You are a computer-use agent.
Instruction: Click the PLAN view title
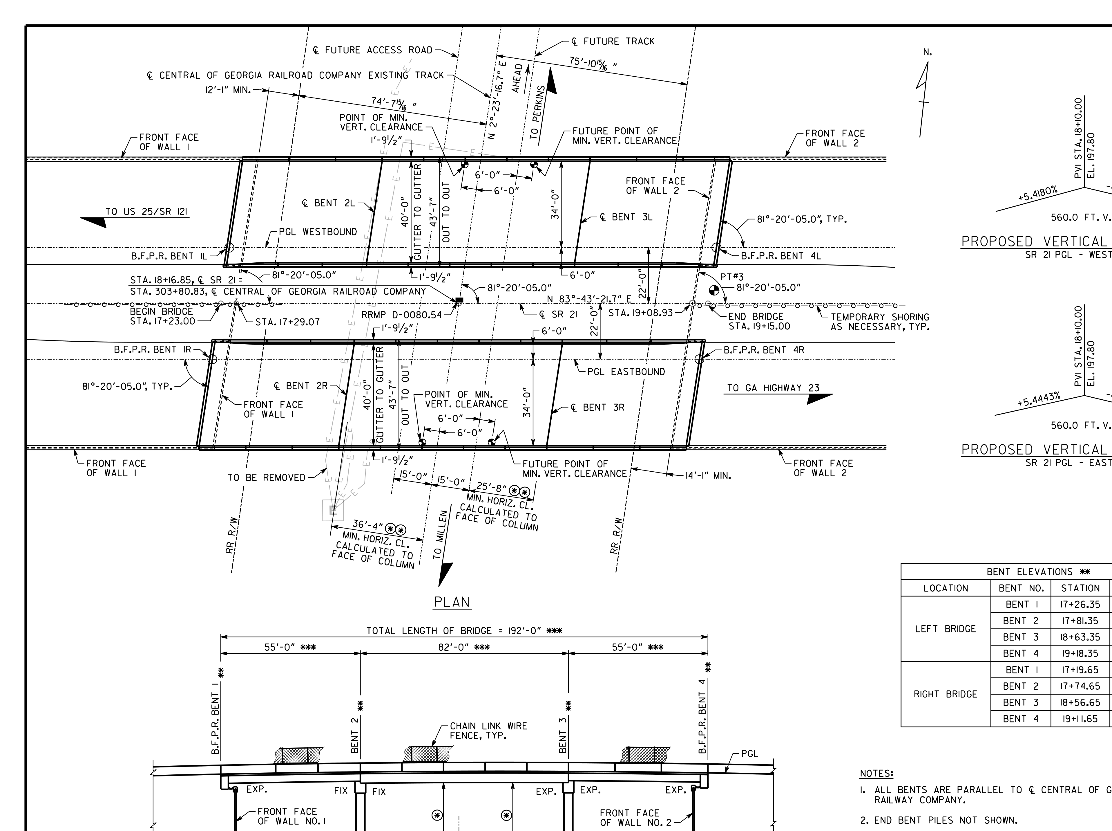point(451,602)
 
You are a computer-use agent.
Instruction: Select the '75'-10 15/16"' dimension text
point(593,64)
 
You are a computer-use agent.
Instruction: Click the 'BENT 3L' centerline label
point(626,217)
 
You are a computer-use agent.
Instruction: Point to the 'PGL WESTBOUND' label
point(318,232)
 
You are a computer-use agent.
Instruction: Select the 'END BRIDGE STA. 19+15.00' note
point(759,321)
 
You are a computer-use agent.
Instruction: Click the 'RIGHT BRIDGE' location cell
point(945,694)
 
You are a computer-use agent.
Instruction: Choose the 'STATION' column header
point(1080,588)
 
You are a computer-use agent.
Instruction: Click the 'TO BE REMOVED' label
point(267,477)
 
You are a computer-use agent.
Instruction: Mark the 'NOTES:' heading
point(877,773)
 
